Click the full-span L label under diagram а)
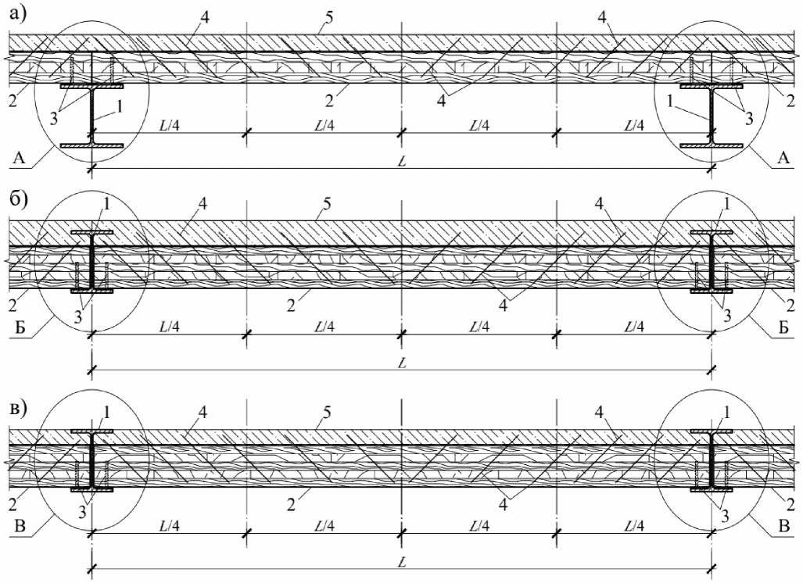coord(402,159)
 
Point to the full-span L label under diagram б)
coord(402,362)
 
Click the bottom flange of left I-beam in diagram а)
coord(92,145)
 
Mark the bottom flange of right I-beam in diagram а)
coord(711,145)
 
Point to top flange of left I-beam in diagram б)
coord(92,232)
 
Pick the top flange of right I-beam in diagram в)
coord(711,431)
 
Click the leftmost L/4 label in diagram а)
coord(170,126)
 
